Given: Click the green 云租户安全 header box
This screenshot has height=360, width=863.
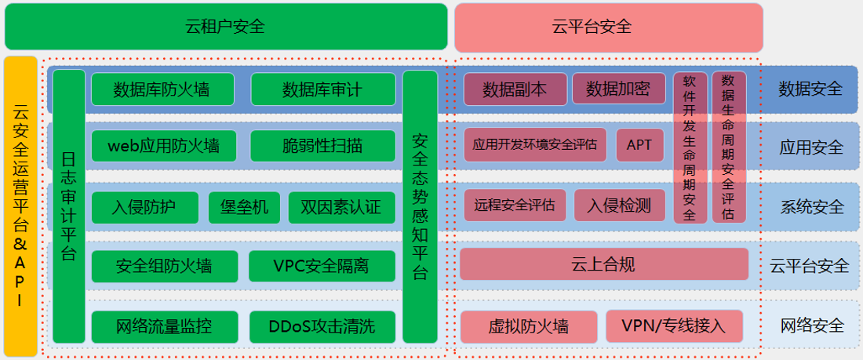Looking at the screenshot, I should click(x=225, y=27).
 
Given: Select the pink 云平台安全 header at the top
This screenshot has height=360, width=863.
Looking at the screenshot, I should click(x=608, y=27).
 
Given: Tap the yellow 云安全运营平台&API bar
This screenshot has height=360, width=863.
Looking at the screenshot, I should click(x=20, y=206).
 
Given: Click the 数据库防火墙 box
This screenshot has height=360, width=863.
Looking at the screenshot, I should click(x=162, y=89).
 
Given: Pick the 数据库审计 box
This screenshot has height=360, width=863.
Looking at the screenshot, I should click(x=322, y=89).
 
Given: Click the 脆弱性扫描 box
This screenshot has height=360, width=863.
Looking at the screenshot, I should click(x=322, y=146).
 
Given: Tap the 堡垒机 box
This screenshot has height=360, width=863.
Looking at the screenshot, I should click(x=244, y=207).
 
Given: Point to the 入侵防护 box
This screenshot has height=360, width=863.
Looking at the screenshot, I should click(x=144, y=207).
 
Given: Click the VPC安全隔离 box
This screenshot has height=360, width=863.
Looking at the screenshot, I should click(x=321, y=266).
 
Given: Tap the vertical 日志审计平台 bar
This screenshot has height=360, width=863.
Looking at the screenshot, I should click(x=69, y=206).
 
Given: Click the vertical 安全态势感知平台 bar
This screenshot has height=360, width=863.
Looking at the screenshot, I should click(x=419, y=206).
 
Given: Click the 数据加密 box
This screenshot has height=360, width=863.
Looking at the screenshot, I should click(x=618, y=89).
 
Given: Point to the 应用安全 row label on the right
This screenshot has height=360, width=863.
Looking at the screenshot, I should click(x=811, y=147).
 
